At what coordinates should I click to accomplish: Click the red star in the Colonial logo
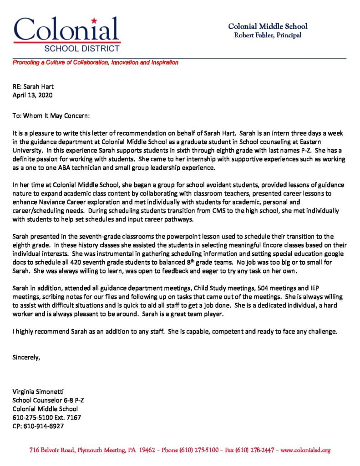click(x=94, y=20)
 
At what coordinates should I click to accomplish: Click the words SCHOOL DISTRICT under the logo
click(x=82, y=48)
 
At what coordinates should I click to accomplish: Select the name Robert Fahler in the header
click(x=252, y=35)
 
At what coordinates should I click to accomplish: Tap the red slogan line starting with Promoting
click(x=95, y=62)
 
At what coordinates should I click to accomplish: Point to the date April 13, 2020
click(x=32, y=96)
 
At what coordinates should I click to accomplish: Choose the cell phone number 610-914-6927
click(x=43, y=426)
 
